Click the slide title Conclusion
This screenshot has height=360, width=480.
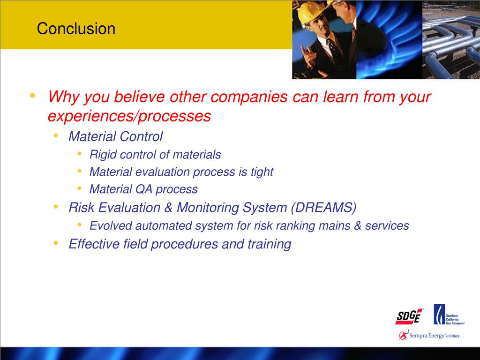76,29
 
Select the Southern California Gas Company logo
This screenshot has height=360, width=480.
449,315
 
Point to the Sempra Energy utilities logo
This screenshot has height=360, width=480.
429,335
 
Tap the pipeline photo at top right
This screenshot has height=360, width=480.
451,39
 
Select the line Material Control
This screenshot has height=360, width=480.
115,136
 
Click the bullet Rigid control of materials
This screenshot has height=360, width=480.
155,154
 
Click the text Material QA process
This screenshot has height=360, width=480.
143,189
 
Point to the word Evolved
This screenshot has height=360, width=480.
111,226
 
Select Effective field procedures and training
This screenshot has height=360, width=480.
180,244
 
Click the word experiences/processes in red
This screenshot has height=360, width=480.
129,116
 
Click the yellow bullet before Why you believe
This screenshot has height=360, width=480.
32,96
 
